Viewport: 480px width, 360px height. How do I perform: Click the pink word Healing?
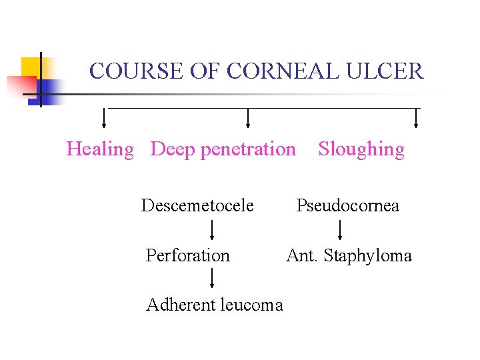click(100, 149)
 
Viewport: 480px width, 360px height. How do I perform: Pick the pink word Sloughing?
click(361, 149)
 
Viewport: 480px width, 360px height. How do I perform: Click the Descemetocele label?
click(197, 205)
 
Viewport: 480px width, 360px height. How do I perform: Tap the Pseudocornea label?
click(348, 205)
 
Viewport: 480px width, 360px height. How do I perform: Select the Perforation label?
click(187, 255)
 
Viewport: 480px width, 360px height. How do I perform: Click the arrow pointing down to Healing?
click(103, 117)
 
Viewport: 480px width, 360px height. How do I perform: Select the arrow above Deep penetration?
click(248, 117)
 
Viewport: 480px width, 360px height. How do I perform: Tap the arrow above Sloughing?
click(416, 117)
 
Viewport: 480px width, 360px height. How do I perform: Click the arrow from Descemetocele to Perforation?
click(212, 231)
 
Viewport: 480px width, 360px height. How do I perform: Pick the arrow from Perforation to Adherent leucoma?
click(212, 279)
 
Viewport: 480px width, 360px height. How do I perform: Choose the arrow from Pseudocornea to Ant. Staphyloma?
click(340, 231)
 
